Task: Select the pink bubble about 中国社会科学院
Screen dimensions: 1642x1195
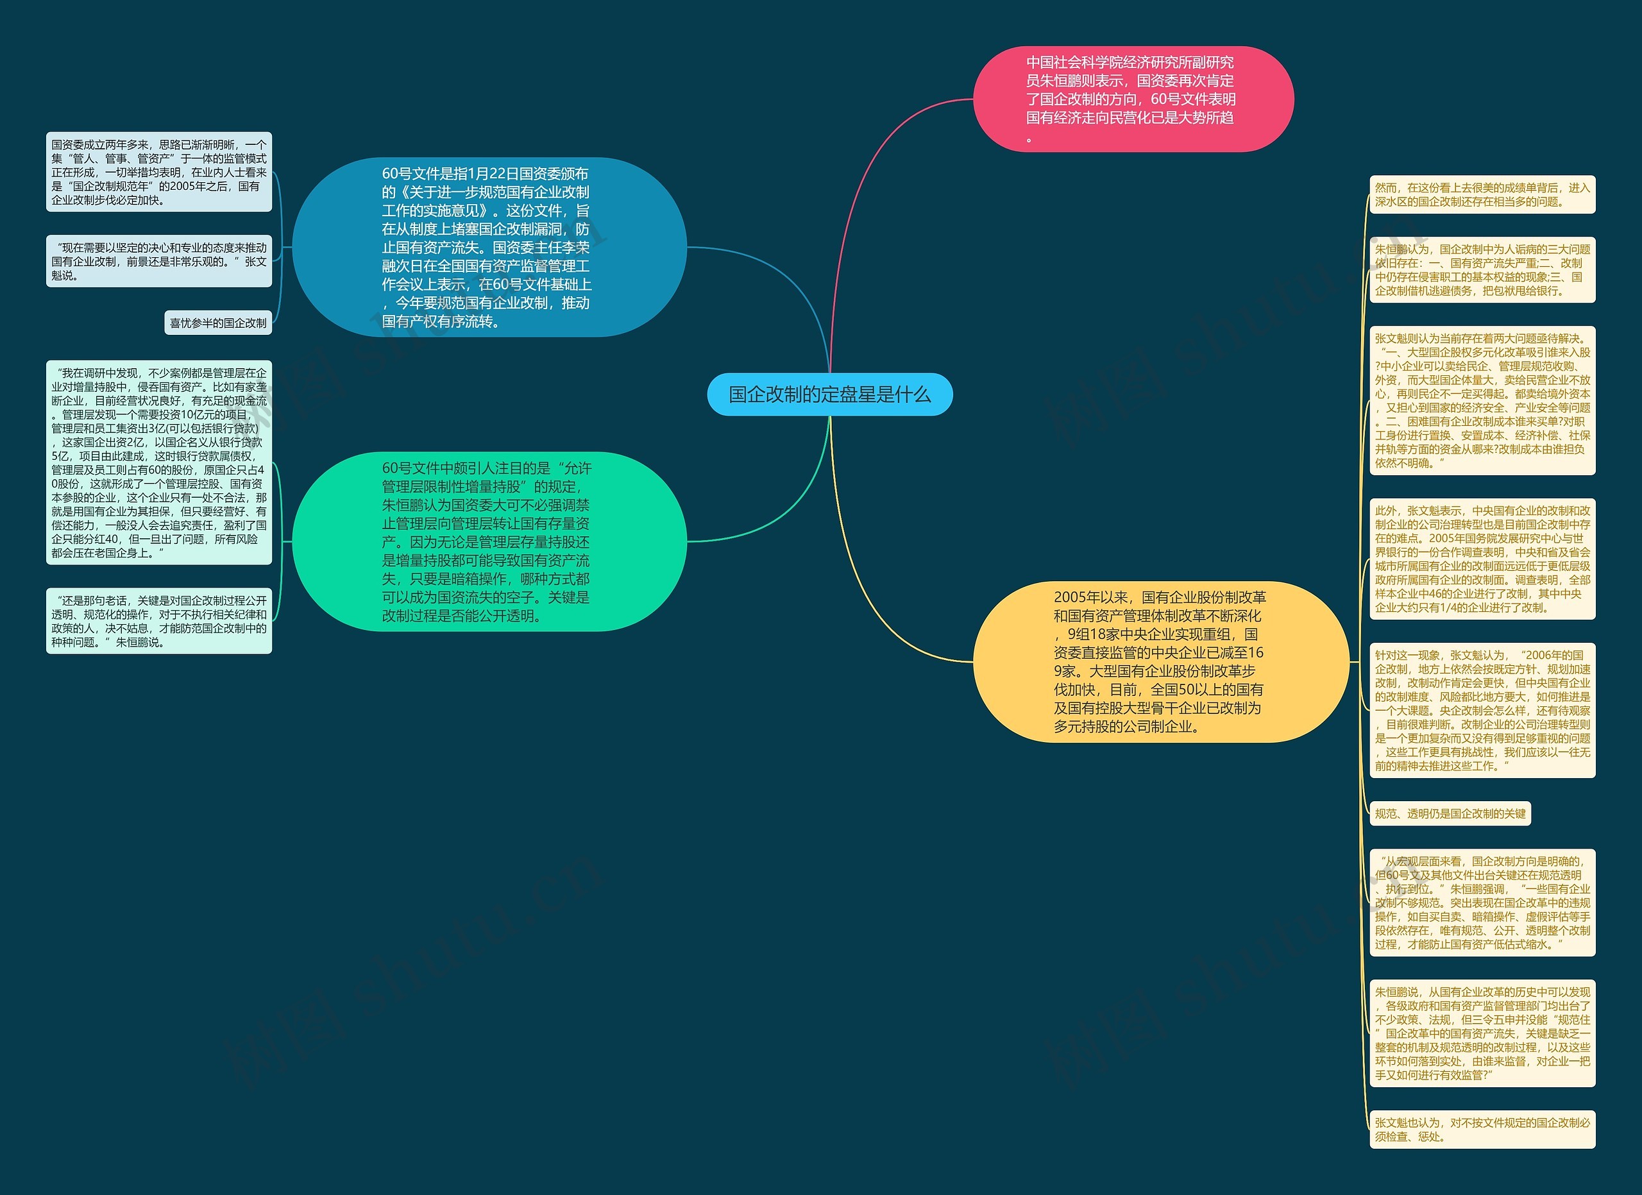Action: pos(1132,99)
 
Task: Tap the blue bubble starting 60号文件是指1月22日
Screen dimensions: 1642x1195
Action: pos(489,247)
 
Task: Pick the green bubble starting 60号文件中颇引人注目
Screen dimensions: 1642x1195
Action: pos(489,541)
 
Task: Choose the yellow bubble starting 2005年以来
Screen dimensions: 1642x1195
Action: pos(1160,661)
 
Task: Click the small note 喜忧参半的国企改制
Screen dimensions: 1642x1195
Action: pos(218,323)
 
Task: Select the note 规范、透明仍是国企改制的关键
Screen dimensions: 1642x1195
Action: pos(1450,813)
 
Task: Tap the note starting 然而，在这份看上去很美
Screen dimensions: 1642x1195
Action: pos(1482,195)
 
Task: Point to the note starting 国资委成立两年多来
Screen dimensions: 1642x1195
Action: pos(158,173)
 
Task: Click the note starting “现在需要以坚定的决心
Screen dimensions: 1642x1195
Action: pos(158,261)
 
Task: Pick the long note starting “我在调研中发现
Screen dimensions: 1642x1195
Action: pos(158,462)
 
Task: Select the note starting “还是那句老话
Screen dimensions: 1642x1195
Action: pos(158,621)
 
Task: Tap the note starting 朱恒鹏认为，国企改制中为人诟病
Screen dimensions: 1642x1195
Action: pos(1482,270)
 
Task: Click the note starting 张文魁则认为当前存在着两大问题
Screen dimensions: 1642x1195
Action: pos(1482,400)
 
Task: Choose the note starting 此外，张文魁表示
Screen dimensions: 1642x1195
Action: pos(1482,559)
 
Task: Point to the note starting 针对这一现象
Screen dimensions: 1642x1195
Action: pos(1482,710)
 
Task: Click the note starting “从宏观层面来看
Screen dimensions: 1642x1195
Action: pos(1482,903)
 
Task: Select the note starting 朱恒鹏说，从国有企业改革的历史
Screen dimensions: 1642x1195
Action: pos(1482,1033)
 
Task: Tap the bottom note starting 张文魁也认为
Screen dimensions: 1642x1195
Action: pos(1482,1129)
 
